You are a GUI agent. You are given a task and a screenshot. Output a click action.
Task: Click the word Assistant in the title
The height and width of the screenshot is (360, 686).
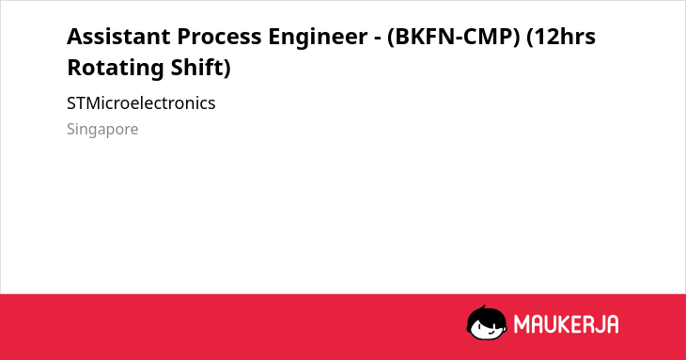[118, 37]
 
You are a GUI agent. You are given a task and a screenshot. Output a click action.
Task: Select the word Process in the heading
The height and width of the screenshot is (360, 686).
[219, 37]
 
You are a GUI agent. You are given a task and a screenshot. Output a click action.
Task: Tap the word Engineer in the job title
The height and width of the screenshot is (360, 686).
[318, 38]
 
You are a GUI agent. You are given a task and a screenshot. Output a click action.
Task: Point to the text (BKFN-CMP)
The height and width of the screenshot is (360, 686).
[453, 37]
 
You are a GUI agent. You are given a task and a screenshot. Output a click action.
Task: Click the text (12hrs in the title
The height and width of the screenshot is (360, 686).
[561, 37]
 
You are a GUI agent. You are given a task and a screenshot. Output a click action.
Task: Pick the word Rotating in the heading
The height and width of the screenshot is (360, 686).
[116, 69]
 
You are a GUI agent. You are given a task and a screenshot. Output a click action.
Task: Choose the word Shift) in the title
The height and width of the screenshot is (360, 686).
[201, 68]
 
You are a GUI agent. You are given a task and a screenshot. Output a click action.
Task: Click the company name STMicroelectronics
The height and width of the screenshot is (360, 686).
[141, 103]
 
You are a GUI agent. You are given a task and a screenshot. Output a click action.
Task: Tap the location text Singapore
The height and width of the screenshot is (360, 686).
[102, 130]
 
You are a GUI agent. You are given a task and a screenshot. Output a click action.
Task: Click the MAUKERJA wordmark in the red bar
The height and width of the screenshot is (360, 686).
[566, 324]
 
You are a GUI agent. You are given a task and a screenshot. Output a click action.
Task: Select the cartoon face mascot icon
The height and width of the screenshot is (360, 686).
[487, 322]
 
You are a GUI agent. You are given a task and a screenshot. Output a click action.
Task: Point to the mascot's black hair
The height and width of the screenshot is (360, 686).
[486, 314]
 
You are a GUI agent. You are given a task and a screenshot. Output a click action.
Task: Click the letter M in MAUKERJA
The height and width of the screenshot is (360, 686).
[521, 324]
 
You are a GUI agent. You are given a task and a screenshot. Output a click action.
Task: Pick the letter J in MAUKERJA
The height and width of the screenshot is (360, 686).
[599, 324]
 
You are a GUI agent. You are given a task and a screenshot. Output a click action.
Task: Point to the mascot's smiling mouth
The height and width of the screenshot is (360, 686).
[491, 331]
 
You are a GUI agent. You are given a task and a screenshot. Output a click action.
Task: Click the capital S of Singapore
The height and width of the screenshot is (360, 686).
[71, 129]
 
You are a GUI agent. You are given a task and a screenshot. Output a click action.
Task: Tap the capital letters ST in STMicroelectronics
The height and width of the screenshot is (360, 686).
[77, 103]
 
